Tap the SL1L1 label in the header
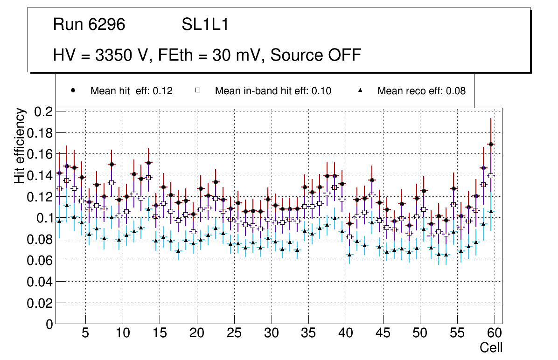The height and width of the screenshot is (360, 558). [x=205, y=25]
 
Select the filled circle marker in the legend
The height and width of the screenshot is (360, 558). [x=72, y=90]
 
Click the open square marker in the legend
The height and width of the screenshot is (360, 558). [x=197, y=90]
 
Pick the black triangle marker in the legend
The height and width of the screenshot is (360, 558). [x=360, y=90]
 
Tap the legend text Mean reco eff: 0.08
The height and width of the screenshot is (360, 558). [x=421, y=91]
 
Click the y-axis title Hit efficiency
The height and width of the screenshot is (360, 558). [x=20, y=145]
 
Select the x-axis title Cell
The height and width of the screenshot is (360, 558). [x=491, y=347]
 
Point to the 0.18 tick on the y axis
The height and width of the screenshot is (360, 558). [x=41, y=133]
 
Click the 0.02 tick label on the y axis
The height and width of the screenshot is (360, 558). [x=41, y=303]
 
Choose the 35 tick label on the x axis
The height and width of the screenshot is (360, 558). [x=308, y=333]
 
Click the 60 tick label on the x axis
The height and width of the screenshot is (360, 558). [x=495, y=333]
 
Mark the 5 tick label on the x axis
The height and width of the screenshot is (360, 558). [x=85, y=333]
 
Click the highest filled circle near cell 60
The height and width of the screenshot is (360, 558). [x=490, y=145]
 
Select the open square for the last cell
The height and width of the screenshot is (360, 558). [x=490, y=176]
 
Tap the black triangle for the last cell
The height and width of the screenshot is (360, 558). [x=490, y=211]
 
